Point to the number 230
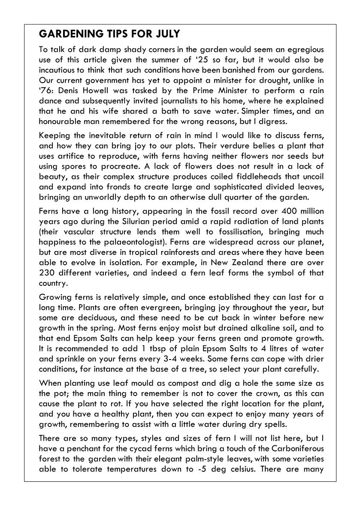click(x=47, y=273)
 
